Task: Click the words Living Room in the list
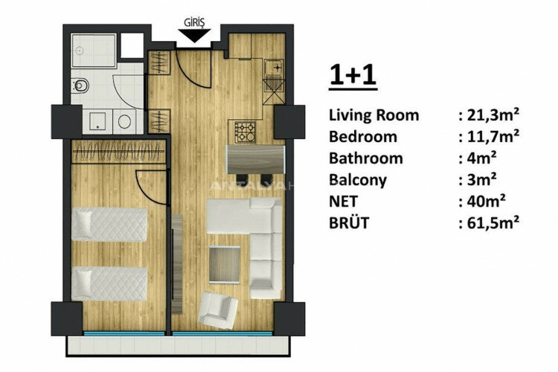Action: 373,115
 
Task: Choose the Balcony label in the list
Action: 361,179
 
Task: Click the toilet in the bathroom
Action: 81,86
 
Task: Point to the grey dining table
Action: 254,158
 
